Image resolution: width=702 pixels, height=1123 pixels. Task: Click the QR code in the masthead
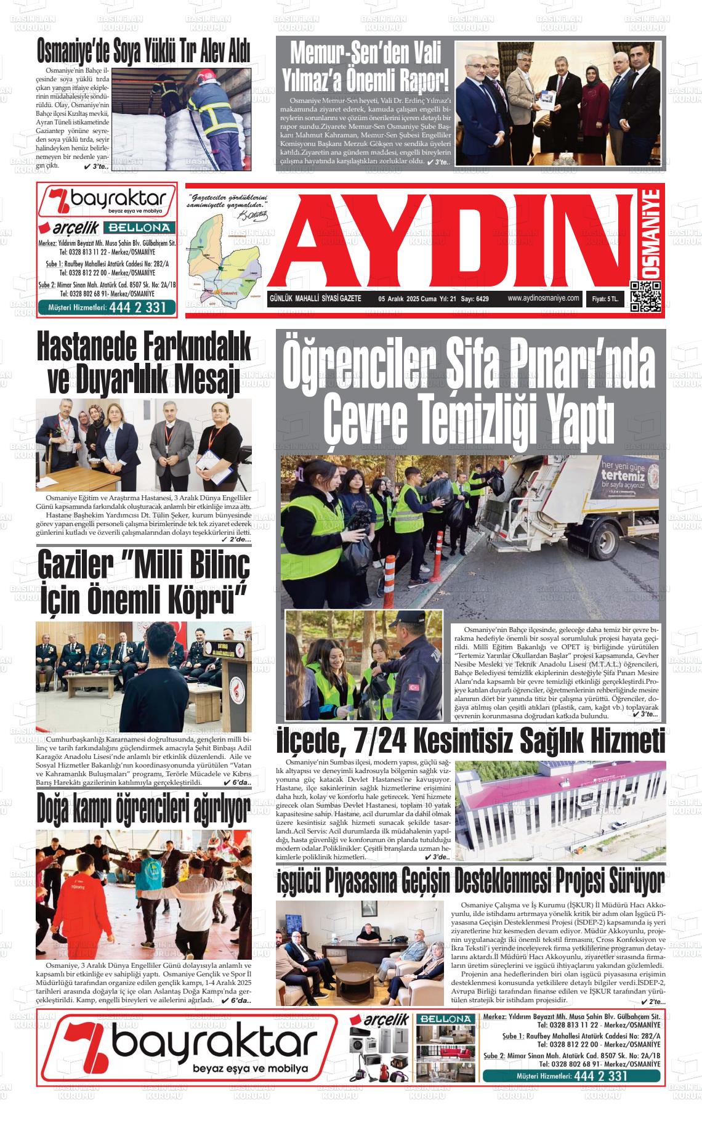(645, 296)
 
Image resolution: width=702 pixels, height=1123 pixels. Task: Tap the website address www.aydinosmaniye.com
(544, 298)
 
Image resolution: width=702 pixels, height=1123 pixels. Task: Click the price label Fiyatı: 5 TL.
(608, 299)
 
